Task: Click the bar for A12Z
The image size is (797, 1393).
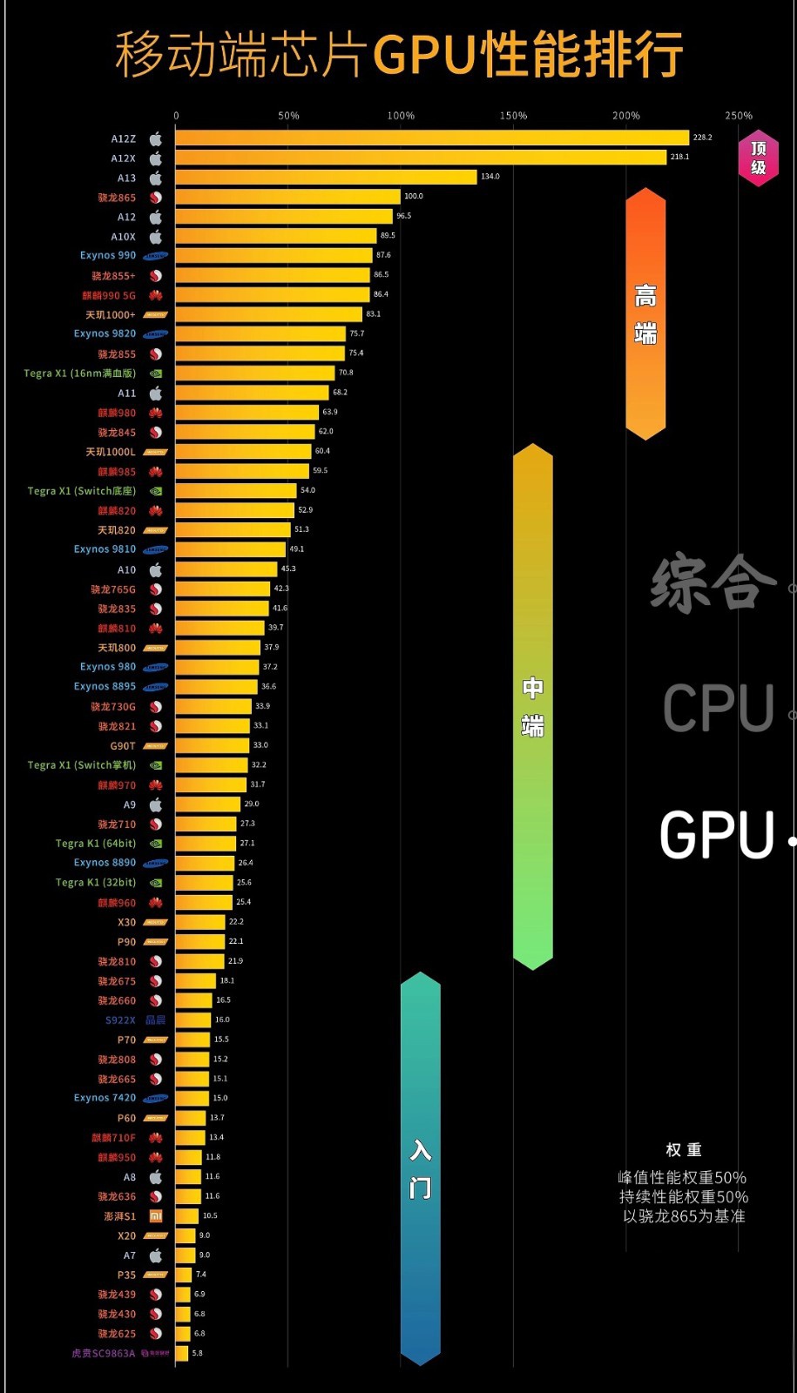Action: coord(431,138)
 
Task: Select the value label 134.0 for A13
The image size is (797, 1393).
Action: coord(490,177)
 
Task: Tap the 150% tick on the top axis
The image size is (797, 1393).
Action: coord(513,116)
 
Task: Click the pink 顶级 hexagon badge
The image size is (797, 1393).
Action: coord(758,158)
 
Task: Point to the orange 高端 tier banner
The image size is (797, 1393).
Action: coord(645,313)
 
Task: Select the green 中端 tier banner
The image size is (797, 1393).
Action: coord(533,705)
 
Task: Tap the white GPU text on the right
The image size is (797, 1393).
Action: coord(717,836)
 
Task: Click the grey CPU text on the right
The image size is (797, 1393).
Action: coord(718,708)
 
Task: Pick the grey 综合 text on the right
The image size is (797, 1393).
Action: coord(713,582)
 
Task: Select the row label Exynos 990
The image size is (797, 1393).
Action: coord(108,255)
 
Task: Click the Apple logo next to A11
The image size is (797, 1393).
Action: coord(156,393)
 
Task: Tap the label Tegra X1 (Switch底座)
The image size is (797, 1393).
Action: coord(82,491)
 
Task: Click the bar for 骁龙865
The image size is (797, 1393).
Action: coord(287,197)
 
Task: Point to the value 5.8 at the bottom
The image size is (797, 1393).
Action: coord(197,1353)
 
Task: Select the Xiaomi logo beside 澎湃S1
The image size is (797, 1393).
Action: coord(156,1215)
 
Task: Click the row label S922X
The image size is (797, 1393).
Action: coord(120,1020)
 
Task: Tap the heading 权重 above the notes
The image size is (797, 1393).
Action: coord(684,1150)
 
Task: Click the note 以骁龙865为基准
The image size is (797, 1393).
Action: coord(684,1216)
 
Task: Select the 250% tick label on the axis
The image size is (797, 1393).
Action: coord(739,116)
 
